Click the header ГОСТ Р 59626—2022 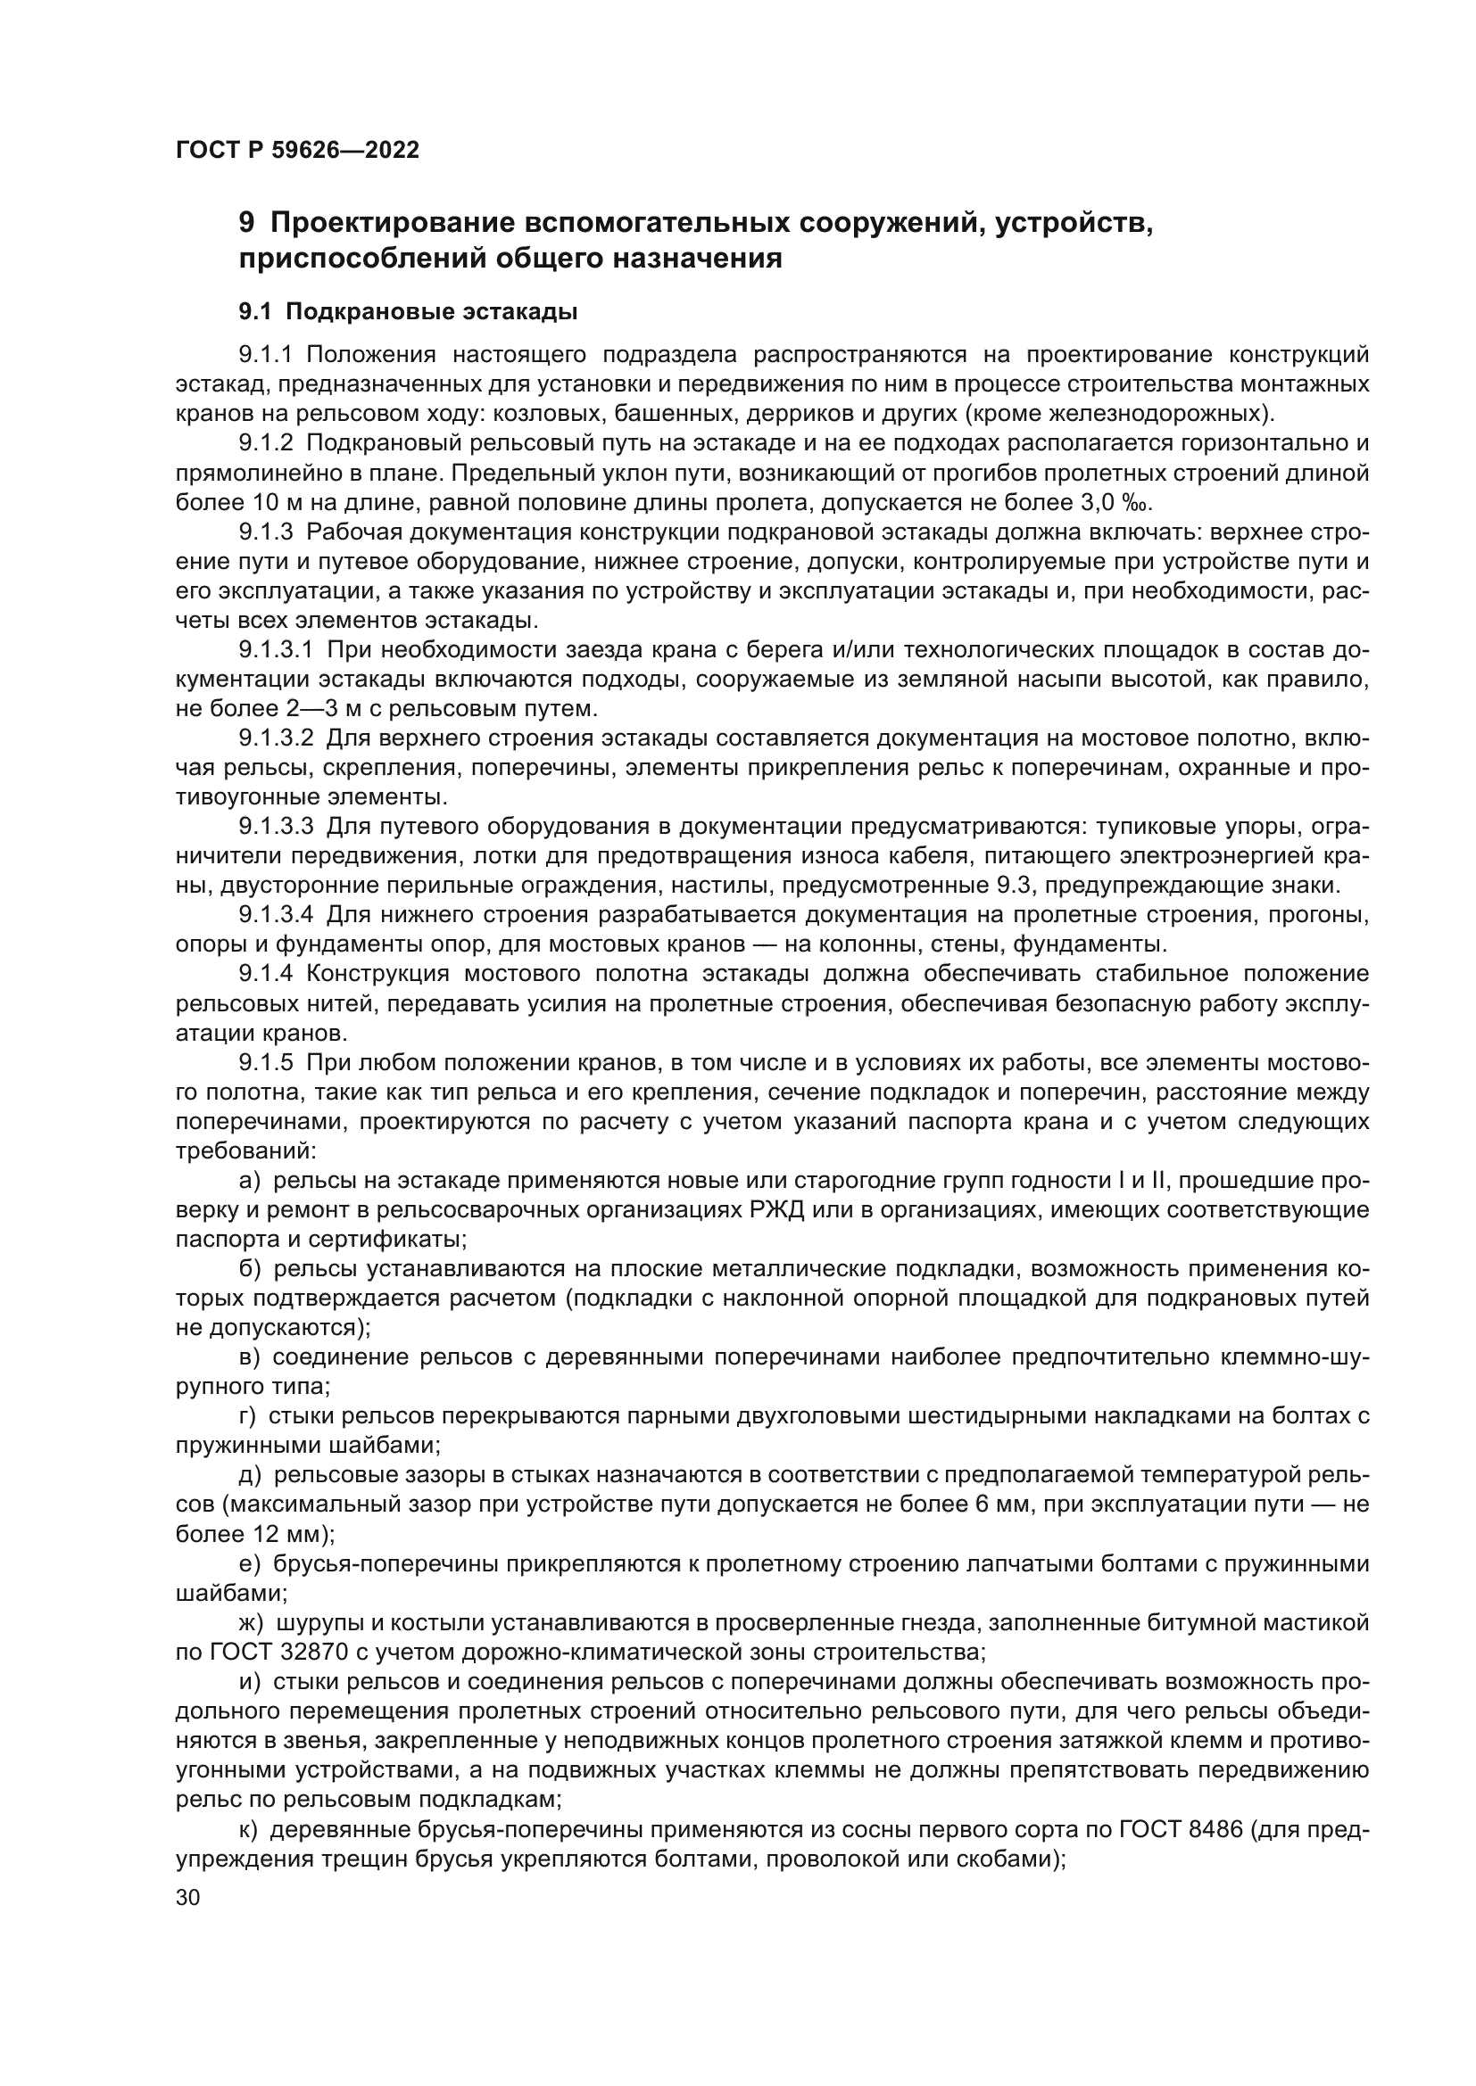click(297, 151)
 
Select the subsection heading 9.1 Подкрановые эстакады click(408, 311)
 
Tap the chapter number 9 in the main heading click(246, 224)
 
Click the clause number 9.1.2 click(266, 443)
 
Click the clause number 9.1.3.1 click(276, 650)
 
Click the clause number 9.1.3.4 click(276, 916)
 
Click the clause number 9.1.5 click(266, 1063)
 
